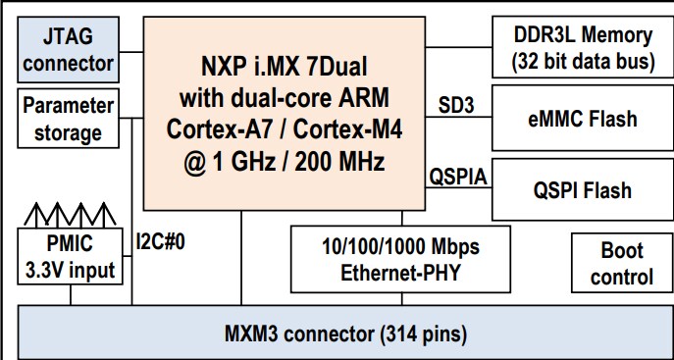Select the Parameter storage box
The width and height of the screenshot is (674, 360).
[67, 118]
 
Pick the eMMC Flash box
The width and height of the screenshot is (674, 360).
[582, 120]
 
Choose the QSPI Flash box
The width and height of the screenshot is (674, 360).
[582, 189]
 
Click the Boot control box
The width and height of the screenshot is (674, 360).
[621, 263]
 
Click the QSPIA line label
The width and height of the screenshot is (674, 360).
[457, 177]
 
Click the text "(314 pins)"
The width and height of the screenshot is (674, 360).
[416, 334]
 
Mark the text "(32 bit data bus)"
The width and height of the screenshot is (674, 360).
[582, 62]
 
